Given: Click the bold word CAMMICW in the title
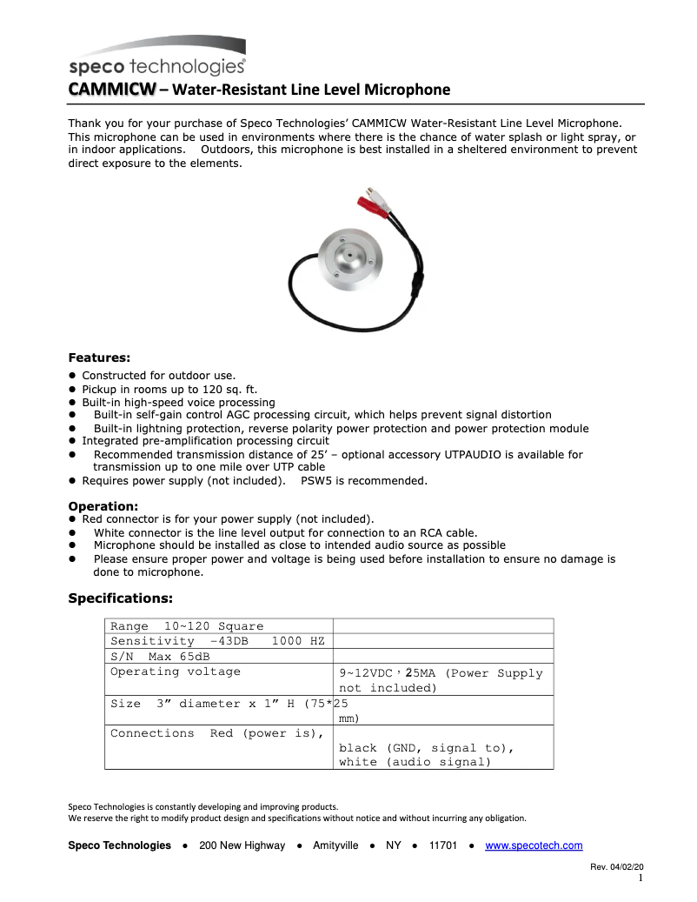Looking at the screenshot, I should [112, 90].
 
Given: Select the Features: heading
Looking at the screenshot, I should [99, 357].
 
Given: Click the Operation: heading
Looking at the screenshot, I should [103, 506].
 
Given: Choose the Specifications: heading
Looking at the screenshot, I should [120, 598].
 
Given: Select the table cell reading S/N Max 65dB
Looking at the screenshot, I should [218, 657].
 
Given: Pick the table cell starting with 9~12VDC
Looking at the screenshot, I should [442, 679].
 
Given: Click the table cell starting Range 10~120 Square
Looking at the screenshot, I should [218, 626].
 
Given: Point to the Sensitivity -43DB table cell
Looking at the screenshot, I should [218, 641].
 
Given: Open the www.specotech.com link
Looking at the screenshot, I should [533, 845].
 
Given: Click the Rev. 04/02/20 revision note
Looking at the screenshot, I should [616, 867].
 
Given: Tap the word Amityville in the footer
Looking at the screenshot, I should [335, 845].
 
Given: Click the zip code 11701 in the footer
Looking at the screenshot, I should [443, 845].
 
